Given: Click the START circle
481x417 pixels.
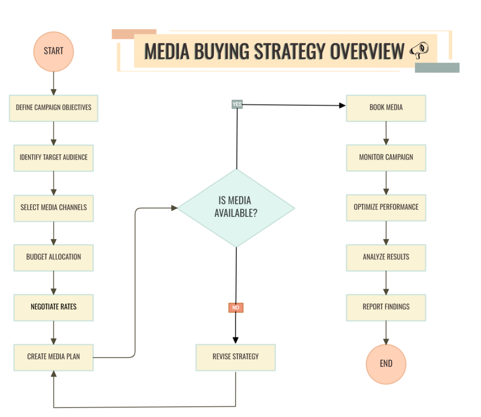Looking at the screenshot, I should point(53,51).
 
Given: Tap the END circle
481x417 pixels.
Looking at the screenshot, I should point(386,364).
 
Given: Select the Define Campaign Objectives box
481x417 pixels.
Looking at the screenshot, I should point(53,108).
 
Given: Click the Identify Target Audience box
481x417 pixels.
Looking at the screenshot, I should point(53,158).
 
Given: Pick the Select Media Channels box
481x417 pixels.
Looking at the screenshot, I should point(53,208).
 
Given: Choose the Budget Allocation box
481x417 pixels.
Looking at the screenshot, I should point(53,257).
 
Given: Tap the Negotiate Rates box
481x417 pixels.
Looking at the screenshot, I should point(53,307).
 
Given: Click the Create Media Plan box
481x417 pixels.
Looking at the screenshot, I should point(53,357).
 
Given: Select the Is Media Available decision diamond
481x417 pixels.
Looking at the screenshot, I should point(236,208).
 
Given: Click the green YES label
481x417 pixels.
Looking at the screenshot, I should point(237,104).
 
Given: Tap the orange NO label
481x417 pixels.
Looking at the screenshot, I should point(236,308).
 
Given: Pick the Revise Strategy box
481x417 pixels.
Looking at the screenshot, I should point(236,357).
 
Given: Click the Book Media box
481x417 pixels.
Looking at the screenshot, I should point(386,108).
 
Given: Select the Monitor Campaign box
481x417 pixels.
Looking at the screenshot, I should point(386,158).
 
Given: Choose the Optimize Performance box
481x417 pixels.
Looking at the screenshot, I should point(386,207).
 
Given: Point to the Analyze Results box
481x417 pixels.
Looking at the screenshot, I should point(386,257).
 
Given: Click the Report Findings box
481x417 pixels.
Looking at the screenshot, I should point(386,307).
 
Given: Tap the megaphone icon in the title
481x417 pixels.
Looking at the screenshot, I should point(419,51).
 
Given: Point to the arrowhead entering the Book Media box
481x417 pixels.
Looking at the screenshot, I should point(342,105).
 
